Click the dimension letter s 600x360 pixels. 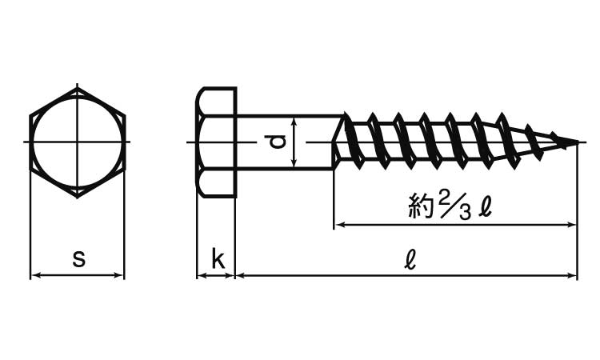[78, 258]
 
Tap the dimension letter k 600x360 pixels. [216, 258]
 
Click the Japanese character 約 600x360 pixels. [420, 208]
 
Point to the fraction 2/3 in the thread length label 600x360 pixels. [454, 206]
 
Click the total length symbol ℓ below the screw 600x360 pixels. [410, 258]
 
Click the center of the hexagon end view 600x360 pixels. [78, 142]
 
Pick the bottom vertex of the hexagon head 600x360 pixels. [78, 198]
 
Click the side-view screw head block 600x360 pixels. [216, 142]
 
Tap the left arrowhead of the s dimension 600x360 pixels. [34, 276]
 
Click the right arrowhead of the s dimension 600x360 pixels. [121, 276]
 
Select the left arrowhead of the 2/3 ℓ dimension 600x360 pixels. [338, 226]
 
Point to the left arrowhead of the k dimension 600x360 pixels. [201, 276]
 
